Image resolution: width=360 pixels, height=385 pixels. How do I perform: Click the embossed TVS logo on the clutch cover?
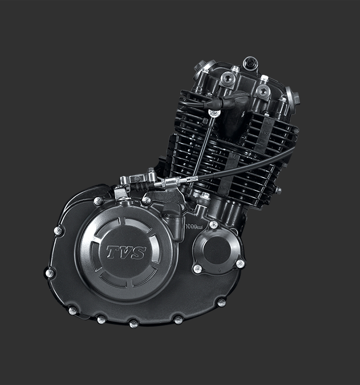pos(126,253)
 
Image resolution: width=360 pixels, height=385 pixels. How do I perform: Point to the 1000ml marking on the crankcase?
pos(194,226)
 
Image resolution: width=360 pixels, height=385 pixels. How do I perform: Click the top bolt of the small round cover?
pos(213,225)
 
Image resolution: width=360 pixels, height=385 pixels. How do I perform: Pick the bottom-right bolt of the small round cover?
pos(240,264)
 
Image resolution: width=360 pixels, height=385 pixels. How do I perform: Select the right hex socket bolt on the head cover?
pos(263,91)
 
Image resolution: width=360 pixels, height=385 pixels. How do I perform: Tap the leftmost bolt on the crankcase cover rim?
pos(50,273)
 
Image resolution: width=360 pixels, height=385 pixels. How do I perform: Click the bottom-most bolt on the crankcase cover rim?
pos(133,324)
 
